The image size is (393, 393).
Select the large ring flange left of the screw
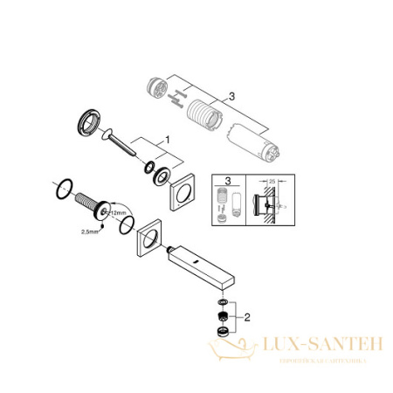click(89, 120)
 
